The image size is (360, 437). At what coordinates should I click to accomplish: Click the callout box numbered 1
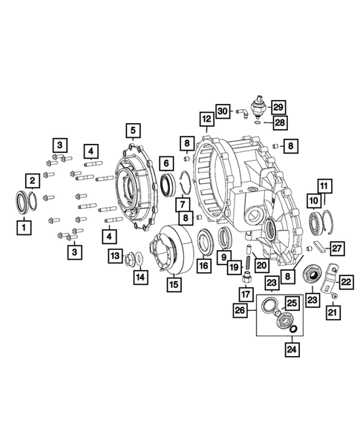point(24,228)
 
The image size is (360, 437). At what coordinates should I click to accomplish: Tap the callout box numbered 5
point(133,131)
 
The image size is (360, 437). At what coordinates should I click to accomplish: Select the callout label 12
point(206,119)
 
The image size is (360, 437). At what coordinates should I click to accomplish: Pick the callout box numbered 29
point(278,108)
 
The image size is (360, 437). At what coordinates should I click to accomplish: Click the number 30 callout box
point(223,111)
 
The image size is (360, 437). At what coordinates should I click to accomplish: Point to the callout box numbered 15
point(174,285)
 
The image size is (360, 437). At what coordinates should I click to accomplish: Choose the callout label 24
point(292,349)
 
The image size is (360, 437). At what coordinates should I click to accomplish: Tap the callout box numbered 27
point(337,248)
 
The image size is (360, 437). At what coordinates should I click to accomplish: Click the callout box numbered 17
point(246,294)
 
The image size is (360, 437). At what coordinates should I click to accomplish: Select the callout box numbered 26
point(240,310)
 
